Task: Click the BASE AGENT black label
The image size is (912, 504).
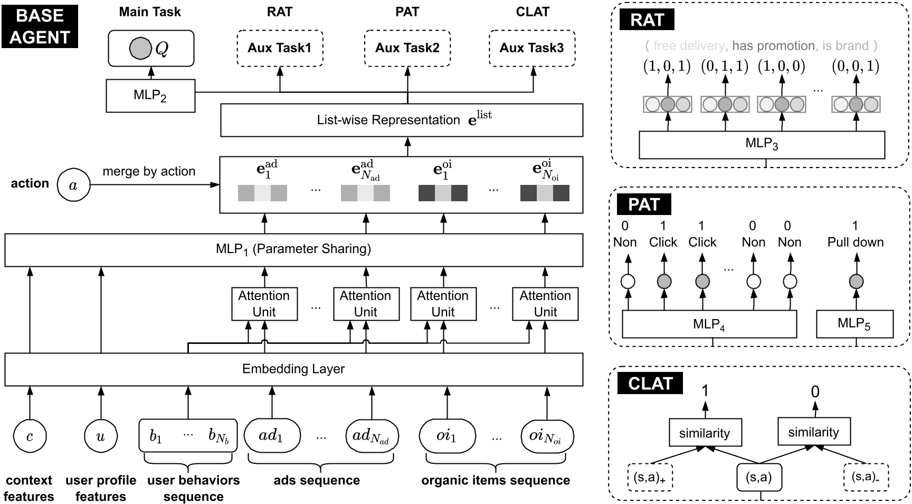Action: click(40, 26)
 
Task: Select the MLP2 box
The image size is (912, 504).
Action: click(150, 96)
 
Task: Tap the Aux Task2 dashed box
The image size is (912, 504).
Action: click(407, 48)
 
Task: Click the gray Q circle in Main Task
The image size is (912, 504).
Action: click(140, 49)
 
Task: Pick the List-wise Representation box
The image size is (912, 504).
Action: click(401, 120)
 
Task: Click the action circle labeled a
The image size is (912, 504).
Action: click(73, 185)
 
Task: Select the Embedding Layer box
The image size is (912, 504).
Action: click(293, 369)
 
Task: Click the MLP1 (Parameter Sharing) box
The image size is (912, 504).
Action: click(293, 249)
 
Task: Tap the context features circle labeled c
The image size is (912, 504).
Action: click(30, 436)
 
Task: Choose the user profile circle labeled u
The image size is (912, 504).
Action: click(100, 436)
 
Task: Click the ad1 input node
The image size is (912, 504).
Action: click(272, 436)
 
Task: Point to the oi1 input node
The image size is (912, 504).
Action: click(447, 436)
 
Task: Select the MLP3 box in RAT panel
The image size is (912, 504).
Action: click(762, 144)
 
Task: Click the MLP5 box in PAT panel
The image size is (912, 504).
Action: click(854, 324)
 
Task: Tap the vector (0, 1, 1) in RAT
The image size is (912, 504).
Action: click(725, 67)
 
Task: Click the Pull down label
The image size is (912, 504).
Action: click(855, 242)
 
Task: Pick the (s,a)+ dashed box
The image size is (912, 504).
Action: click(650, 478)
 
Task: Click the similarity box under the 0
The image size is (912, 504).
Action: click(813, 432)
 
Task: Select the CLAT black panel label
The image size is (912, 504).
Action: click(650, 384)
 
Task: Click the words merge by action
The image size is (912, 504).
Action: click(149, 171)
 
